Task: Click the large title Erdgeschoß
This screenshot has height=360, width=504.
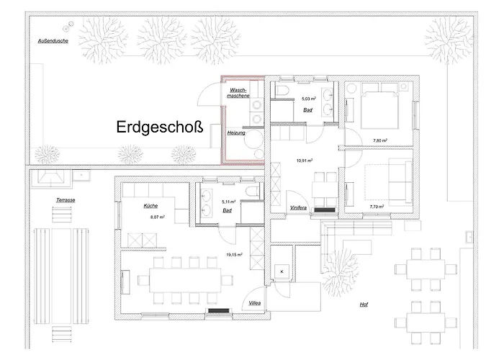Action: [x=159, y=127]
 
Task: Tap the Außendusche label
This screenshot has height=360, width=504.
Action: [x=53, y=41]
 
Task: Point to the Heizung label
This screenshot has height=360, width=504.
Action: [x=236, y=133]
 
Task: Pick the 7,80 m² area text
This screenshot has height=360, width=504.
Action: [x=380, y=140]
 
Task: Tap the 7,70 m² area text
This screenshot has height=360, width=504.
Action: [x=376, y=206]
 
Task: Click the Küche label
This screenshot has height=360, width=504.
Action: [x=150, y=206]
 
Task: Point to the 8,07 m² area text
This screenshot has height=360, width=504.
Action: [x=157, y=217]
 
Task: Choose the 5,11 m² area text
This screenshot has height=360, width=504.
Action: [x=229, y=202]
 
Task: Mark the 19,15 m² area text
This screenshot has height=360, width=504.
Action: [x=234, y=254]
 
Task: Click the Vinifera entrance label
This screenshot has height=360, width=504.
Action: [x=300, y=207]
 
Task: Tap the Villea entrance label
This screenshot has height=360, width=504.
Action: [x=256, y=303]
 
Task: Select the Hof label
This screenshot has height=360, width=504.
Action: [x=364, y=305]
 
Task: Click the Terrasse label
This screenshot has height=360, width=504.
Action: [x=66, y=198]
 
